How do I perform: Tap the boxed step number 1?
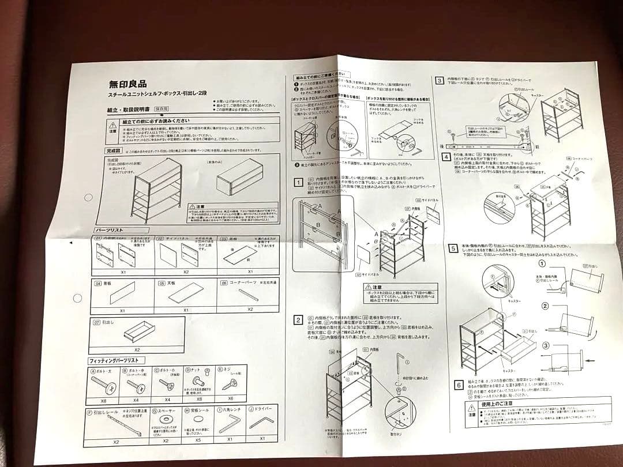298,183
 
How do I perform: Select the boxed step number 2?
298,320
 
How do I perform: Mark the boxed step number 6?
459,385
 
